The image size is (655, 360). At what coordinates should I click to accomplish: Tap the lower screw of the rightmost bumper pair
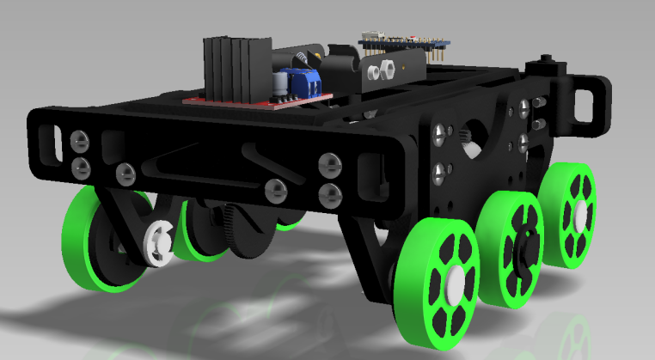pyautogui.click(x=328, y=194)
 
